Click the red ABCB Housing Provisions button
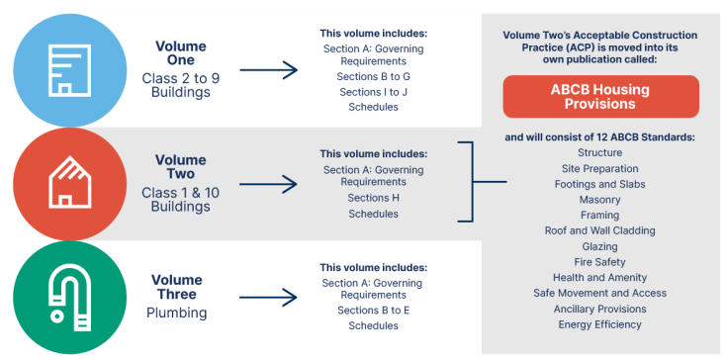pyautogui.click(x=599, y=97)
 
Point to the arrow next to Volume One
pyautogui.click(x=268, y=70)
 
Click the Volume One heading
pyautogui.click(x=182, y=52)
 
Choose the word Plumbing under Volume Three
pyautogui.click(x=178, y=313)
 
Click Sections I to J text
pyautogui.click(x=373, y=91)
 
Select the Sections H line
pyautogui.click(x=373, y=198)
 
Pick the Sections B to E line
pyautogui.click(x=373, y=311)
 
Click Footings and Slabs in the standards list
pyautogui.click(x=599, y=184)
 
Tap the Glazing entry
pyautogui.click(x=599, y=246)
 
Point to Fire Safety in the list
pyautogui.click(x=599, y=262)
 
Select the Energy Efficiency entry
pyautogui.click(x=599, y=324)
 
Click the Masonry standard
pyautogui.click(x=599, y=200)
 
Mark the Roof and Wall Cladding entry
pyautogui.click(x=599, y=230)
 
